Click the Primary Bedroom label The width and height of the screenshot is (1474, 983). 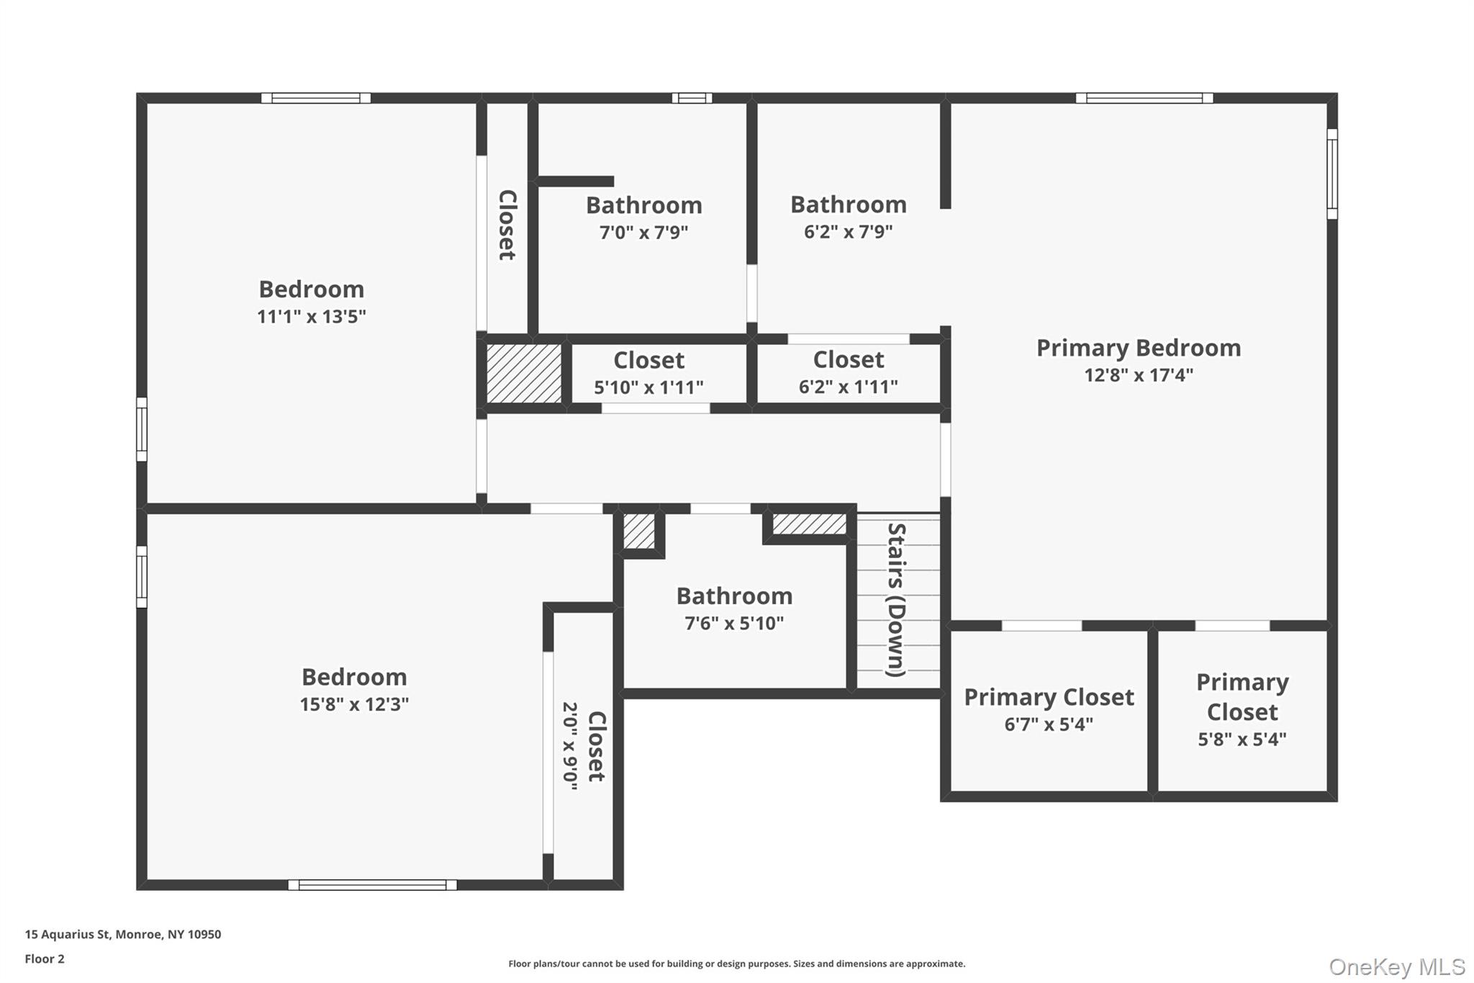coord(1138,349)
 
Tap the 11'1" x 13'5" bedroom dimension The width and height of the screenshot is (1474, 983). coord(312,317)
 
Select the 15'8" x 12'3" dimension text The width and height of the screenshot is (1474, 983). coord(354,704)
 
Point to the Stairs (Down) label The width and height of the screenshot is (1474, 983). coord(897,599)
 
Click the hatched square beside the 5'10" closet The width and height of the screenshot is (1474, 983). coord(524,374)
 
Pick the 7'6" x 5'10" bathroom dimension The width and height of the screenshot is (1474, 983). coord(734,624)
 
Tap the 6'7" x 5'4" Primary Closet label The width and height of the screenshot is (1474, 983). coord(1049,697)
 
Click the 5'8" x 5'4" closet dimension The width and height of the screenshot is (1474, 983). coord(1242,740)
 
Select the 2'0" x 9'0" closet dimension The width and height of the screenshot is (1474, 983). coord(570,746)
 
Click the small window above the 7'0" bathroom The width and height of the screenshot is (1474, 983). coord(692,98)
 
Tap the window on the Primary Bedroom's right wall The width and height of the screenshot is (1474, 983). coord(1332,174)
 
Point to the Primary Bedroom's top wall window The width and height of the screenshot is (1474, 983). coord(1144,98)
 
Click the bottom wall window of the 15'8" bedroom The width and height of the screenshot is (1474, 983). coord(372,885)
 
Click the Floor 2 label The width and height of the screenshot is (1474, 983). coord(45,959)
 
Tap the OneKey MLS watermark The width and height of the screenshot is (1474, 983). coord(1396,966)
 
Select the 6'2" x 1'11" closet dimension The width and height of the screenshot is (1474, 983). coord(848,387)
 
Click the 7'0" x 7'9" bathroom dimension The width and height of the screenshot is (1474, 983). coord(643,233)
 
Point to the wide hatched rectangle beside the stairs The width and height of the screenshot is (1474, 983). coord(810,524)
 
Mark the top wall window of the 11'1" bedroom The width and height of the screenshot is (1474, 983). coord(315,98)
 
